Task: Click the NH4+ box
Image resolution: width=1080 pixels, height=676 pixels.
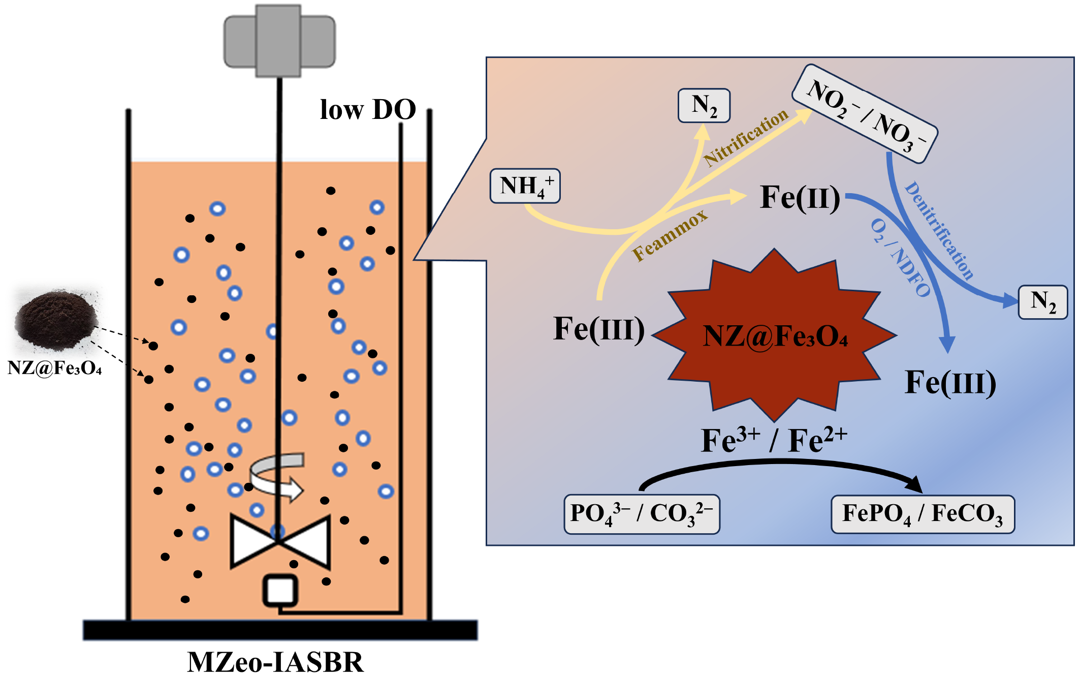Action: click(525, 186)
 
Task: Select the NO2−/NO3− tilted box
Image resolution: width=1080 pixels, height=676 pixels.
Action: click(865, 114)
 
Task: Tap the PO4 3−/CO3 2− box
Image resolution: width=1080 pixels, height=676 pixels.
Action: click(642, 514)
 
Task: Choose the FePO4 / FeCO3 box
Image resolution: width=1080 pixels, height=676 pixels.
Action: click(923, 514)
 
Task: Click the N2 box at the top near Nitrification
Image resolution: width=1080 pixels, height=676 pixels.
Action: click(704, 106)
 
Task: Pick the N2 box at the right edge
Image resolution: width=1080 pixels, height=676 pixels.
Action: click(1042, 302)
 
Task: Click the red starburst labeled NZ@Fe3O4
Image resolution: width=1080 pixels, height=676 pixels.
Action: click(774, 335)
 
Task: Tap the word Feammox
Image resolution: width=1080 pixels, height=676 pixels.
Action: click(670, 235)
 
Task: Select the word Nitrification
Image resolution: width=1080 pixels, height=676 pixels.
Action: click(746, 137)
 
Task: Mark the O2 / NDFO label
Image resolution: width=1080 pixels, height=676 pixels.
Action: click(900, 258)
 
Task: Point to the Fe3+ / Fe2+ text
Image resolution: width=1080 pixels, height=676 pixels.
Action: click(774, 440)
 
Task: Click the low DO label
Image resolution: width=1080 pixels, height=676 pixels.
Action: click(368, 110)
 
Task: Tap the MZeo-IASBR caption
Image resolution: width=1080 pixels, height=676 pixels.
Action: click(275, 662)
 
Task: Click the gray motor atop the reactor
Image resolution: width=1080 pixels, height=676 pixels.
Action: click(279, 41)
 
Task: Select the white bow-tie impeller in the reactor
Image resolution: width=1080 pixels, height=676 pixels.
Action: click(280, 542)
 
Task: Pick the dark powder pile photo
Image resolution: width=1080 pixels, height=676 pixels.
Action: click(56, 319)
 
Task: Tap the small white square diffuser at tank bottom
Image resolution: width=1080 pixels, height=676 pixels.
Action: click(280, 591)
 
